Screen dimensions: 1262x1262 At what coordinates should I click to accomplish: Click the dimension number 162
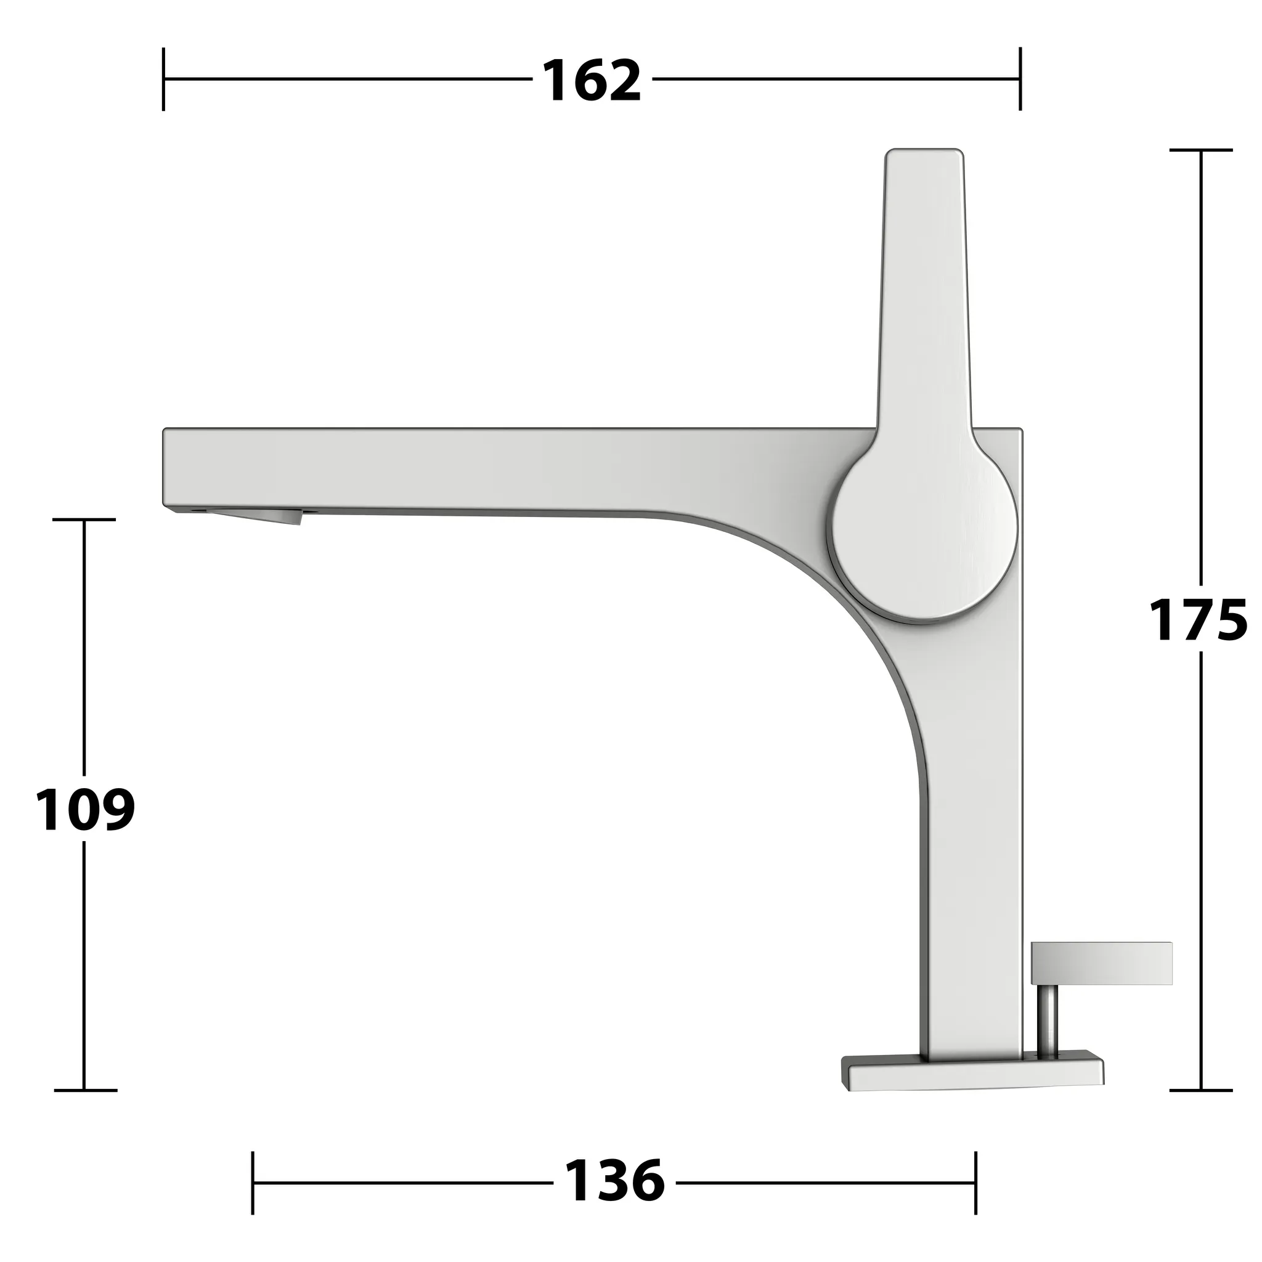pyautogui.click(x=592, y=80)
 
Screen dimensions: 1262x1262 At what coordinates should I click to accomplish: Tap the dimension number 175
pyautogui.click(x=1198, y=620)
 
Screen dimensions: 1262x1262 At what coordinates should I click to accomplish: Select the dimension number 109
pyautogui.click(x=85, y=809)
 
